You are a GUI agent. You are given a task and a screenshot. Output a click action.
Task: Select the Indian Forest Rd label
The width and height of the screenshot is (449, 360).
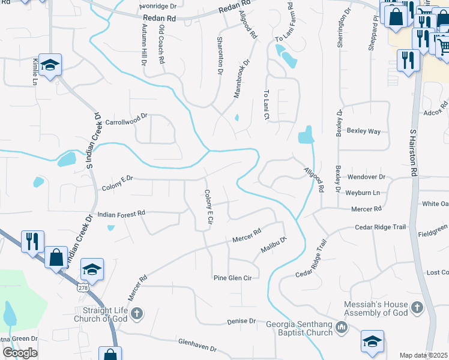(x=121, y=213)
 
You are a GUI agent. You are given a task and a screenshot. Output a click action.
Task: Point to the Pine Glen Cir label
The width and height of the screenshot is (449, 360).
(x=235, y=278)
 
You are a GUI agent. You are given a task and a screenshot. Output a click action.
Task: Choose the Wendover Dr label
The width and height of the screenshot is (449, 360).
(x=366, y=178)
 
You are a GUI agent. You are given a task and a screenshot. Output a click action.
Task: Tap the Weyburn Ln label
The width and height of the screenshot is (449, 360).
(x=363, y=193)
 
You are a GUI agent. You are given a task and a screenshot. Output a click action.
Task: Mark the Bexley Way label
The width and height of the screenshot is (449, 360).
(x=366, y=131)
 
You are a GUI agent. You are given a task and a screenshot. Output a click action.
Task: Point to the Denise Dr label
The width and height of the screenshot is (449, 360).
(x=242, y=322)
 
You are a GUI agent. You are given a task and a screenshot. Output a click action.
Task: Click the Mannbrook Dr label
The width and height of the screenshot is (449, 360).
(x=240, y=80)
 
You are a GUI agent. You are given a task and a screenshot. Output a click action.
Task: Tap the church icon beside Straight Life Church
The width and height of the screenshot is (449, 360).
(x=136, y=313)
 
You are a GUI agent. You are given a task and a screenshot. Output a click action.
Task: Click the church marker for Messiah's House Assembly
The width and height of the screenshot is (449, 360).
(x=417, y=308)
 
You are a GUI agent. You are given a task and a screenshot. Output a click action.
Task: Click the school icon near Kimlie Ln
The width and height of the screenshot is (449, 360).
(x=50, y=65)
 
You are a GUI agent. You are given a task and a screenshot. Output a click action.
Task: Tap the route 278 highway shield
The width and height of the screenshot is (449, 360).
(x=83, y=289)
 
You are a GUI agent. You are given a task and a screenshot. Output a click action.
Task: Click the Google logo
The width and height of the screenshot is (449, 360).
(x=20, y=353)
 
